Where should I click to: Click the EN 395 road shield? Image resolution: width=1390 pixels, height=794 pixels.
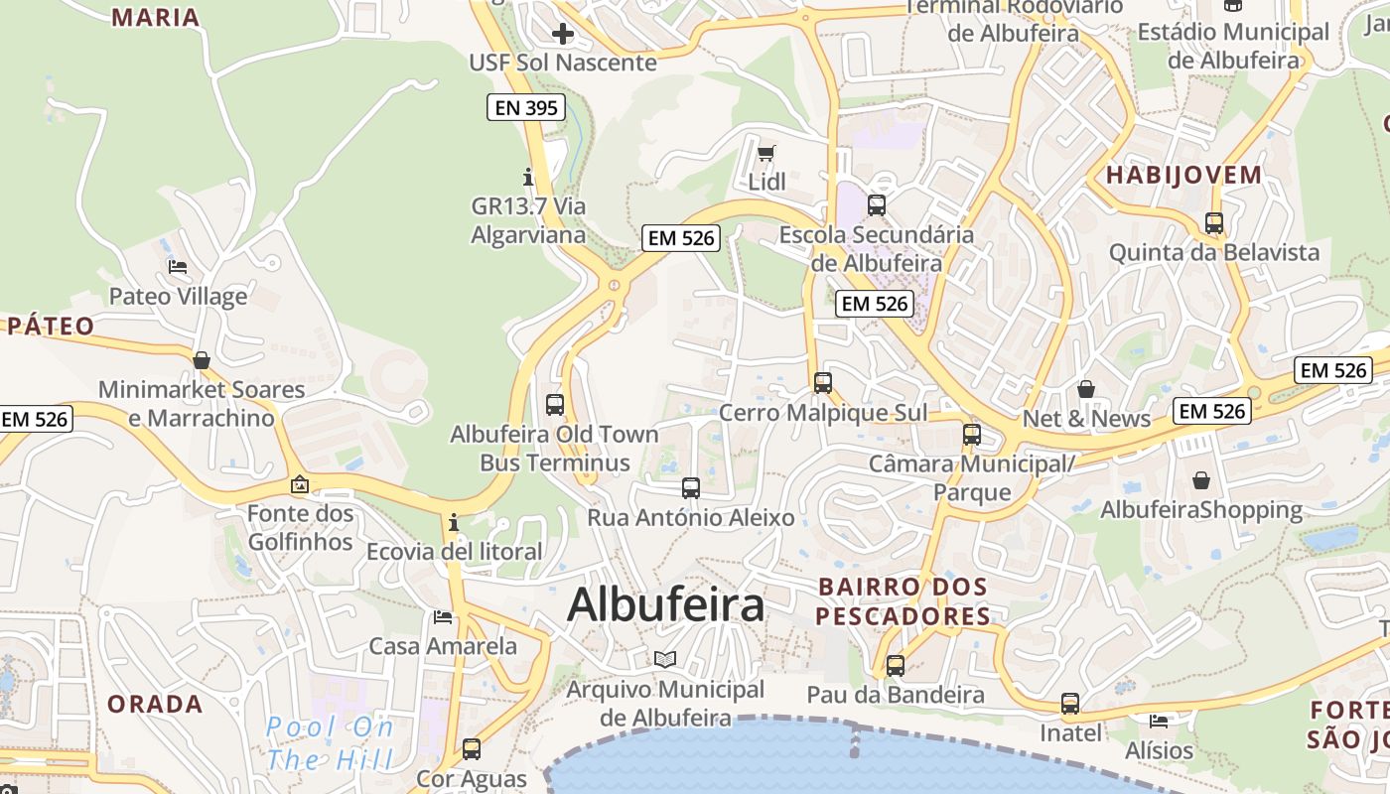click(525, 107)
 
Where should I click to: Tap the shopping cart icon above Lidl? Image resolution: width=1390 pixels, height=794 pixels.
click(765, 153)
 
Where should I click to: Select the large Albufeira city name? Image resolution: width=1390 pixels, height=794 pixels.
click(665, 603)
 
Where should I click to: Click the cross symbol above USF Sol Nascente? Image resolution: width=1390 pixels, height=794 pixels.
click(563, 35)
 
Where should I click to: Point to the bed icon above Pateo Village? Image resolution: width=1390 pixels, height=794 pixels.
click(178, 267)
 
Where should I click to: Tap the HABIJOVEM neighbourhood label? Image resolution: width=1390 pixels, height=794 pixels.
click(1183, 176)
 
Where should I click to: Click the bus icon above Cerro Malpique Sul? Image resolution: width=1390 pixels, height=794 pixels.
click(822, 382)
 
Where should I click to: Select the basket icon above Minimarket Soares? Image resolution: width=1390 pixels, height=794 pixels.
click(202, 360)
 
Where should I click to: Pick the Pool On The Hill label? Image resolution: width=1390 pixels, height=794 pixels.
click(330, 743)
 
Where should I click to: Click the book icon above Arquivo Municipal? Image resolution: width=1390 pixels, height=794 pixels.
click(665, 659)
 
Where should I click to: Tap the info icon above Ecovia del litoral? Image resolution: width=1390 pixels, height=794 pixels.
click(454, 522)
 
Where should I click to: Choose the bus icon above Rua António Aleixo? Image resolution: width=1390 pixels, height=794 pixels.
click(691, 487)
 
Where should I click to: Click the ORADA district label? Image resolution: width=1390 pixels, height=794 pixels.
click(155, 705)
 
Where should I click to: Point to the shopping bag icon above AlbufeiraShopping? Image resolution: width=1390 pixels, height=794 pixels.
click(1201, 480)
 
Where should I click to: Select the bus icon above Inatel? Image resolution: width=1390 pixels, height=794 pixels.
click(1070, 704)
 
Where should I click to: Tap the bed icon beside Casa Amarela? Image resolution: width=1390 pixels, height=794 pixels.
click(443, 617)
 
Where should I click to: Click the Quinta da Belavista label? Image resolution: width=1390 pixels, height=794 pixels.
click(1213, 252)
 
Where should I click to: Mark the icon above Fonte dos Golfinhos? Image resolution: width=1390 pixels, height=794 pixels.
click(300, 484)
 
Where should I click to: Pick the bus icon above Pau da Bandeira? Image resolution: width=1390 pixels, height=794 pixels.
click(896, 665)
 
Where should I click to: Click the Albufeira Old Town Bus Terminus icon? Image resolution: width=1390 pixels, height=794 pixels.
click(555, 405)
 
